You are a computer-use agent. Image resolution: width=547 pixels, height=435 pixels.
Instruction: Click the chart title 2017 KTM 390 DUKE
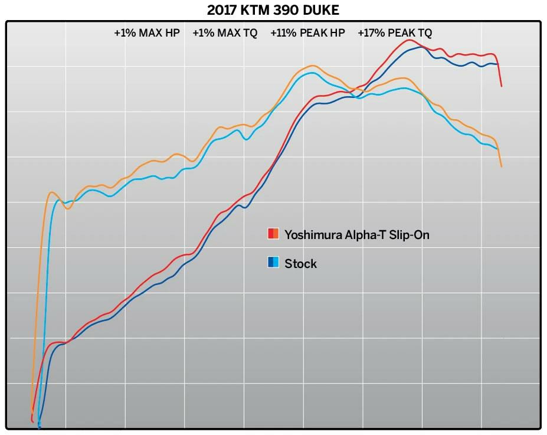273,10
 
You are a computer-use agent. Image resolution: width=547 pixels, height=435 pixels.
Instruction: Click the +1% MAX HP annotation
147,33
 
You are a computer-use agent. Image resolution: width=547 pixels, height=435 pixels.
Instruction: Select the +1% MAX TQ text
225,33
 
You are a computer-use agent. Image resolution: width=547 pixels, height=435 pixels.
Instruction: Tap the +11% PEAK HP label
307,33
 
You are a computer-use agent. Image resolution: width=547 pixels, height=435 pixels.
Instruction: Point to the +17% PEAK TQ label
394,33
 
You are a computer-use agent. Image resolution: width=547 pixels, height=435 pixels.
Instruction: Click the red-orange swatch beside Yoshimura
273,234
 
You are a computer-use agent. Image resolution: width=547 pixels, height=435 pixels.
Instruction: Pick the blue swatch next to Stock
273,263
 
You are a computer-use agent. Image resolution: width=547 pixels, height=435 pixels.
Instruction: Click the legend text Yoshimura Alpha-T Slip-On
357,235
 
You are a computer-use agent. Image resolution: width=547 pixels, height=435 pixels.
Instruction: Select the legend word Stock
301,264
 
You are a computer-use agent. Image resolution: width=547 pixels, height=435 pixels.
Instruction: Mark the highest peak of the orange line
313,66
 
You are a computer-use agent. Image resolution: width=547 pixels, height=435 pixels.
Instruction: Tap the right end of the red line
502,86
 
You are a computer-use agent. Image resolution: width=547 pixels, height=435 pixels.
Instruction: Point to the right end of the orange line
502,166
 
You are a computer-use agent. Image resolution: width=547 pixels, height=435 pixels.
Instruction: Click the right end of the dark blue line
498,64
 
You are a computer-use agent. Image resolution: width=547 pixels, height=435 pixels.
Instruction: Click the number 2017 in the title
221,10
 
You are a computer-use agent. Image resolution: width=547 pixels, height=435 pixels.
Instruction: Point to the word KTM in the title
253,10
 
